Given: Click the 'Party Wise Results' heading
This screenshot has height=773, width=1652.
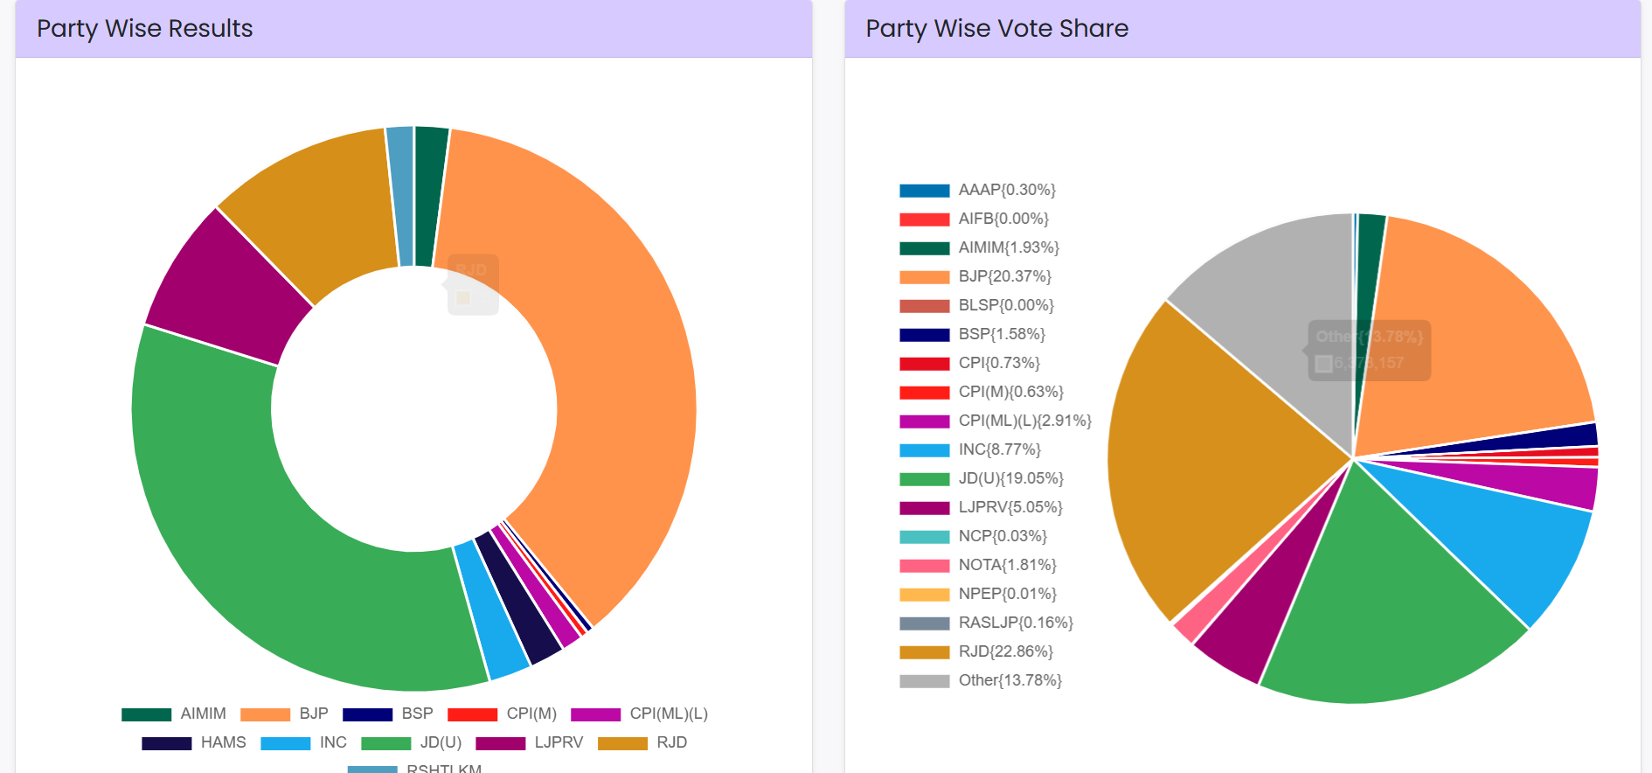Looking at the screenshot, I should pos(145,29).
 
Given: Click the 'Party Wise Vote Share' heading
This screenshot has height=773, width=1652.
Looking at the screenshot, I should pos(996,29).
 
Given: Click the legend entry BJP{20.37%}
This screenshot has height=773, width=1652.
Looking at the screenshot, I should pos(1004,276).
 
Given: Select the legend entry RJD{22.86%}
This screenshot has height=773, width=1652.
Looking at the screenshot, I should pos(1005,651).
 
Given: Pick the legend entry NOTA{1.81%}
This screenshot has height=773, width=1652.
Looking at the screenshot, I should pos(1007,565).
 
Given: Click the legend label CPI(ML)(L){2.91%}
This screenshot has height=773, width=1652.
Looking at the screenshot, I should pos(1024,421).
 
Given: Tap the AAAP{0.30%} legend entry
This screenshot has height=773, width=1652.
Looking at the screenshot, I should pos(1007,190).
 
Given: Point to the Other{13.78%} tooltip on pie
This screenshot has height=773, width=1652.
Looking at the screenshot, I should pos(1369,350).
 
